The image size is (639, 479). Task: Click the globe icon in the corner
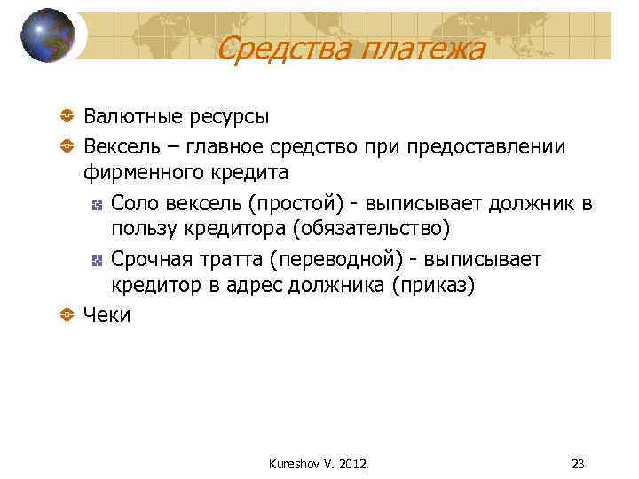(48, 35)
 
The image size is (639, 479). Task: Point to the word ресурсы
(229, 116)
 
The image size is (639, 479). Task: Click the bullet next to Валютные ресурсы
(67, 116)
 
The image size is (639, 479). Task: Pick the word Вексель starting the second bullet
(120, 145)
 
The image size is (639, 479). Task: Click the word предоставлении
(489, 145)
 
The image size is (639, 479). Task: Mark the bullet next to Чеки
(67, 314)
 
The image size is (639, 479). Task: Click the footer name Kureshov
(291, 463)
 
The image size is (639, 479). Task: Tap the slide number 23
(578, 463)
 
